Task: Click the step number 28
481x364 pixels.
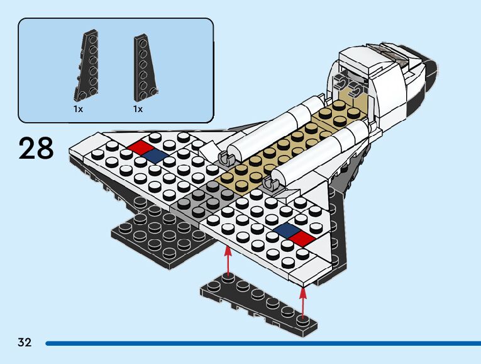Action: pyautogui.click(x=36, y=149)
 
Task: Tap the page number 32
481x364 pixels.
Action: pyautogui.click(x=25, y=343)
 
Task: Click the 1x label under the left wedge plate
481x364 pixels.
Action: pyautogui.click(x=78, y=109)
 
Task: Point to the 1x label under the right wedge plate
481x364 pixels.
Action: pyautogui.click(x=138, y=109)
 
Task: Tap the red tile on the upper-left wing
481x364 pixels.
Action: pyautogui.click(x=140, y=147)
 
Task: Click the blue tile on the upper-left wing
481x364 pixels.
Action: pyautogui.click(x=155, y=156)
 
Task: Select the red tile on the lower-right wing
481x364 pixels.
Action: pyautogui.click(x=302, y=238)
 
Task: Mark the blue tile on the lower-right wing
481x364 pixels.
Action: pyautogui.click(x=286, y=230)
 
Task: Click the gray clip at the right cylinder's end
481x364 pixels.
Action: pyautogui.click(x=272, y=185)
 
